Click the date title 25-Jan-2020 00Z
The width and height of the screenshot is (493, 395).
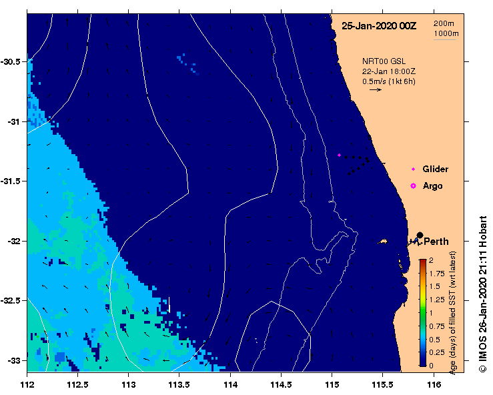click(x=378, y=26)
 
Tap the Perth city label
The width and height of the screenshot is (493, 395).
click(x=436, y=242)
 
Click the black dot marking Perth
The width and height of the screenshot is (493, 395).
click(x=420, y=235)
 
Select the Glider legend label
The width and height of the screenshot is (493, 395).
click(x=436, y=169)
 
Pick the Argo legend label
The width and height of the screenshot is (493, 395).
click(x=432, y=185)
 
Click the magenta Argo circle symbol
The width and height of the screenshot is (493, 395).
click(x=414, y=185)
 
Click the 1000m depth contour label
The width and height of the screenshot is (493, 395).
click(x=446, y=33)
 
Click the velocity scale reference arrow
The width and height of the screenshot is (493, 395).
click(x=375, y=89)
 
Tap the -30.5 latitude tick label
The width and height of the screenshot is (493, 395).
click(x=13, y=61)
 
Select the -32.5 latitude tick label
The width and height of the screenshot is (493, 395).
click(x=13, y=300)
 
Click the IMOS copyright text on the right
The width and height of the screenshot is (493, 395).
click(x=482, y=294)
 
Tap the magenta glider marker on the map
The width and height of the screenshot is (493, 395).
click(x=340, y=155)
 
